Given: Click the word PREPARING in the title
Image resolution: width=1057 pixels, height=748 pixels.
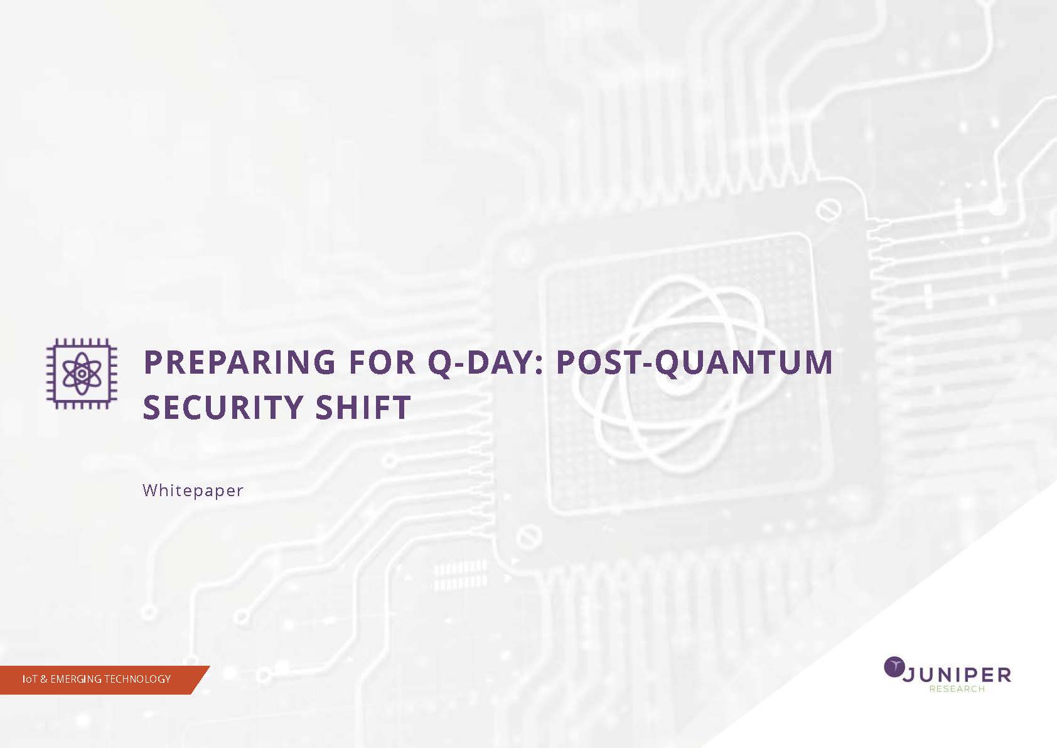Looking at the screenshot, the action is tap(239, 362).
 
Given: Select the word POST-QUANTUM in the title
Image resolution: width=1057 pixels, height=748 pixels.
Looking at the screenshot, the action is tap(695, 363).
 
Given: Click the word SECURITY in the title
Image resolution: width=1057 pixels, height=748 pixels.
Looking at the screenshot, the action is tap(223, 407).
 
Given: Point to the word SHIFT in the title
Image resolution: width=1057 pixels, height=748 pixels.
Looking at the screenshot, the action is tap(363, 407).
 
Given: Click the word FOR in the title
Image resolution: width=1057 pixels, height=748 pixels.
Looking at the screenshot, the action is tap(382, 362).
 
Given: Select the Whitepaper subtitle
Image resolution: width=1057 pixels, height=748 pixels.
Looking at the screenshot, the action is tap(193, 491).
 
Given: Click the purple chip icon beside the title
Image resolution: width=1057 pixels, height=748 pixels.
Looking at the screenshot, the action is tap(82, 374).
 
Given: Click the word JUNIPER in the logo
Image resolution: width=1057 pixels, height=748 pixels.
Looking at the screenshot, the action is tap(957, 675).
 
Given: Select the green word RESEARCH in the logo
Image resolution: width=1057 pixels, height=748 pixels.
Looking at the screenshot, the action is tap(957, 689).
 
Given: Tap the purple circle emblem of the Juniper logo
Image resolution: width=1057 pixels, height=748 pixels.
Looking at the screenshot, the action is tap(893, 666).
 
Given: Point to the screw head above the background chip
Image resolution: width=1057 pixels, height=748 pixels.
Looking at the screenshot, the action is tap(829, 210).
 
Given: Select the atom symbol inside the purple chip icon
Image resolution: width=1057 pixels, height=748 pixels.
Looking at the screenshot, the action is tap(82, 374).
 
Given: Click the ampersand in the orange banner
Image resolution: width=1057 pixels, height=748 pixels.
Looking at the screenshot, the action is tap(44, 679).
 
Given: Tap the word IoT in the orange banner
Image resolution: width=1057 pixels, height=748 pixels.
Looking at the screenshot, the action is tap(30, 679).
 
